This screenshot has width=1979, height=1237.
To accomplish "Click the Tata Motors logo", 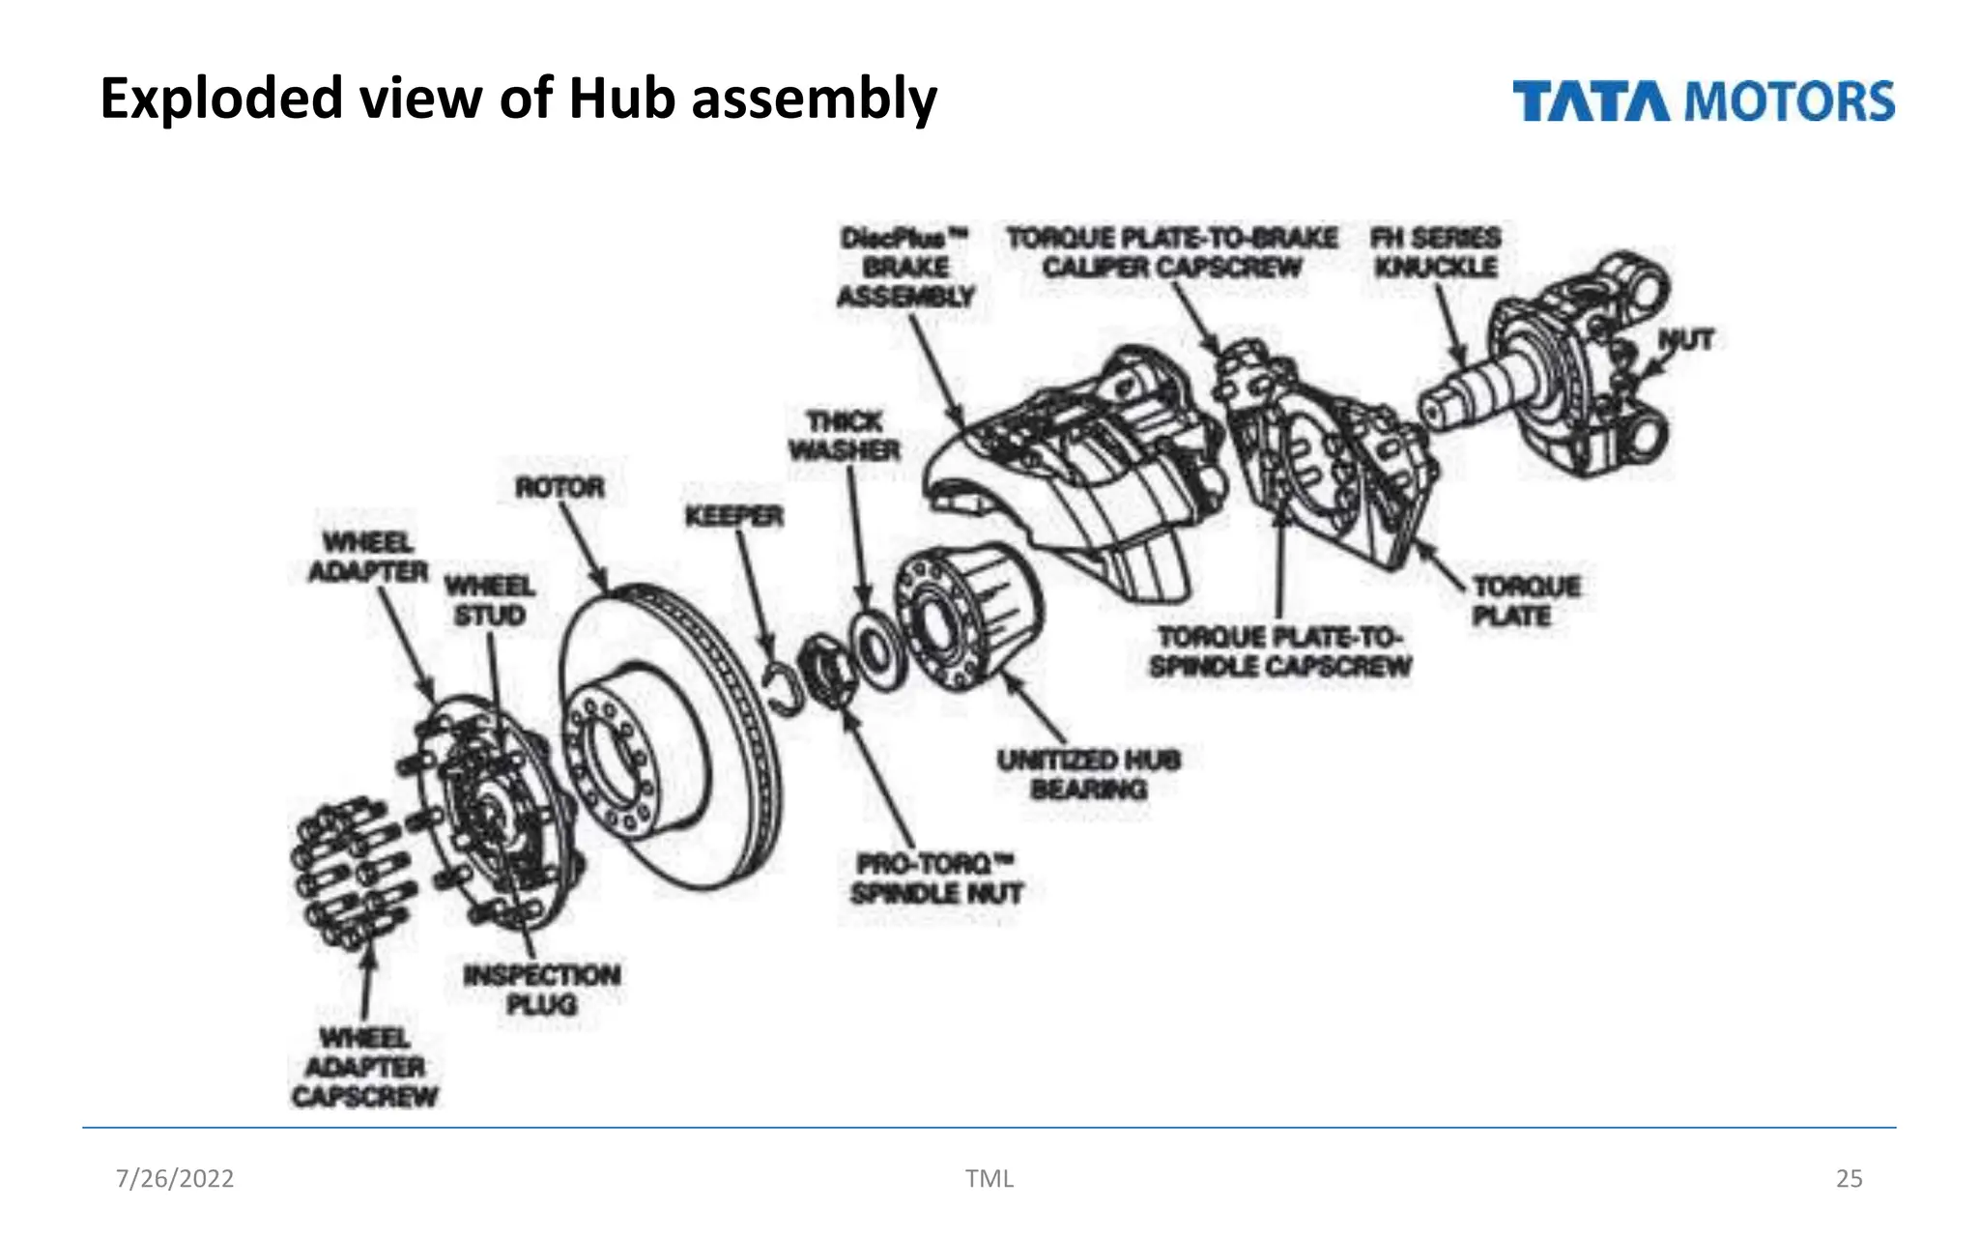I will coord(1703,101).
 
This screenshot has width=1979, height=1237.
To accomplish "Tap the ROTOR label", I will coord(559,487).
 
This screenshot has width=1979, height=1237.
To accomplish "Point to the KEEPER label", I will coord(734,517).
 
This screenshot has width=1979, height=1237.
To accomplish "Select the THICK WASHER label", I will coord(845,436).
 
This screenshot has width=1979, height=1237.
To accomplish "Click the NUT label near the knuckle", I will coord(1685,340).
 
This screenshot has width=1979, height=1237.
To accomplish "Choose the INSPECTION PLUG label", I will coord(542,990).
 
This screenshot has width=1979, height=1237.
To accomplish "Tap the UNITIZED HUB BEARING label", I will coord(1089,774).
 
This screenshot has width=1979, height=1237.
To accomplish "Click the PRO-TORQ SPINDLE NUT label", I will coord(936,877).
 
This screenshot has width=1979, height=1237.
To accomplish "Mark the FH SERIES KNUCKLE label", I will coord(1436,252).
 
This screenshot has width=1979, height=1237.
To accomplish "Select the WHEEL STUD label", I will coord(489,601).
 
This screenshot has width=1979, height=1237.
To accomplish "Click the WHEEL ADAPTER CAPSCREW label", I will coord(365,1067).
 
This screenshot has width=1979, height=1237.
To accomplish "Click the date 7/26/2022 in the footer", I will coord(175,1178).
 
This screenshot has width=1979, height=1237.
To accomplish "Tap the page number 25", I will coord(1849,1178).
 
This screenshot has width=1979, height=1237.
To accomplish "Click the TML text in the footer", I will coord(989,1178).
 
